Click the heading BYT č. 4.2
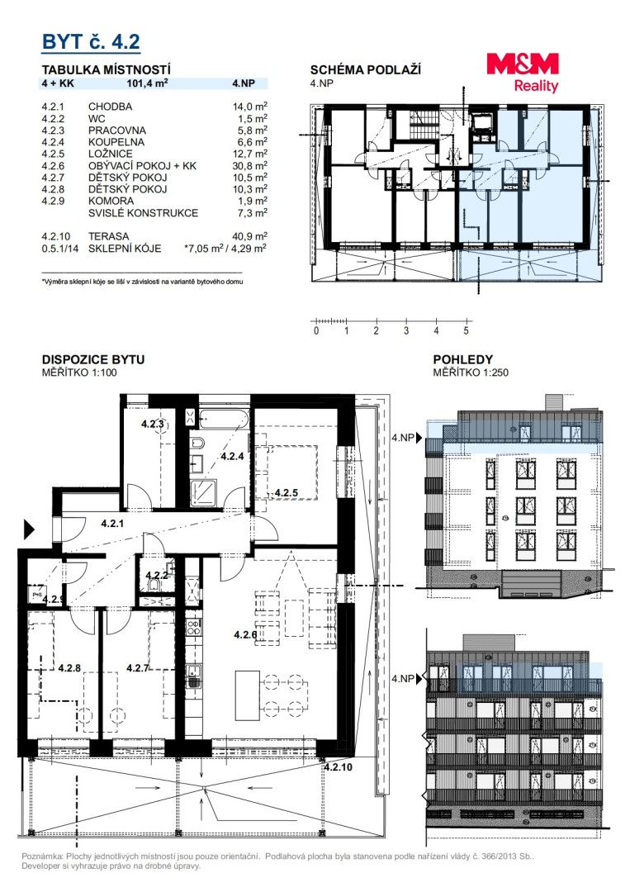(91, 41)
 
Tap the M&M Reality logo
(523, 72)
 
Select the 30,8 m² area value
(249, 165)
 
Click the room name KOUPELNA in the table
(116, 142)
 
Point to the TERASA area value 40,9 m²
(249, 235)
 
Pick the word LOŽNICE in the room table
(111, 154)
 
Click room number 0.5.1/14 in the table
(60, 248)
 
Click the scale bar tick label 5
(467, 330)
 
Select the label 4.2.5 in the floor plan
(286, 492)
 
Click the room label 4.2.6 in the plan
(245, 635)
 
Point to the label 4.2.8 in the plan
(69, 668)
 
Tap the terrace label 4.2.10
(339, 766)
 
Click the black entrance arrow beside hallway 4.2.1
(29, 529)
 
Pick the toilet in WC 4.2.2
(153, 586)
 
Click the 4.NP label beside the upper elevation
(403, 438)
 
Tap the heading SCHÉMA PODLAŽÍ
(366, 70)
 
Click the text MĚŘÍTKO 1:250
(471, 372)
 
